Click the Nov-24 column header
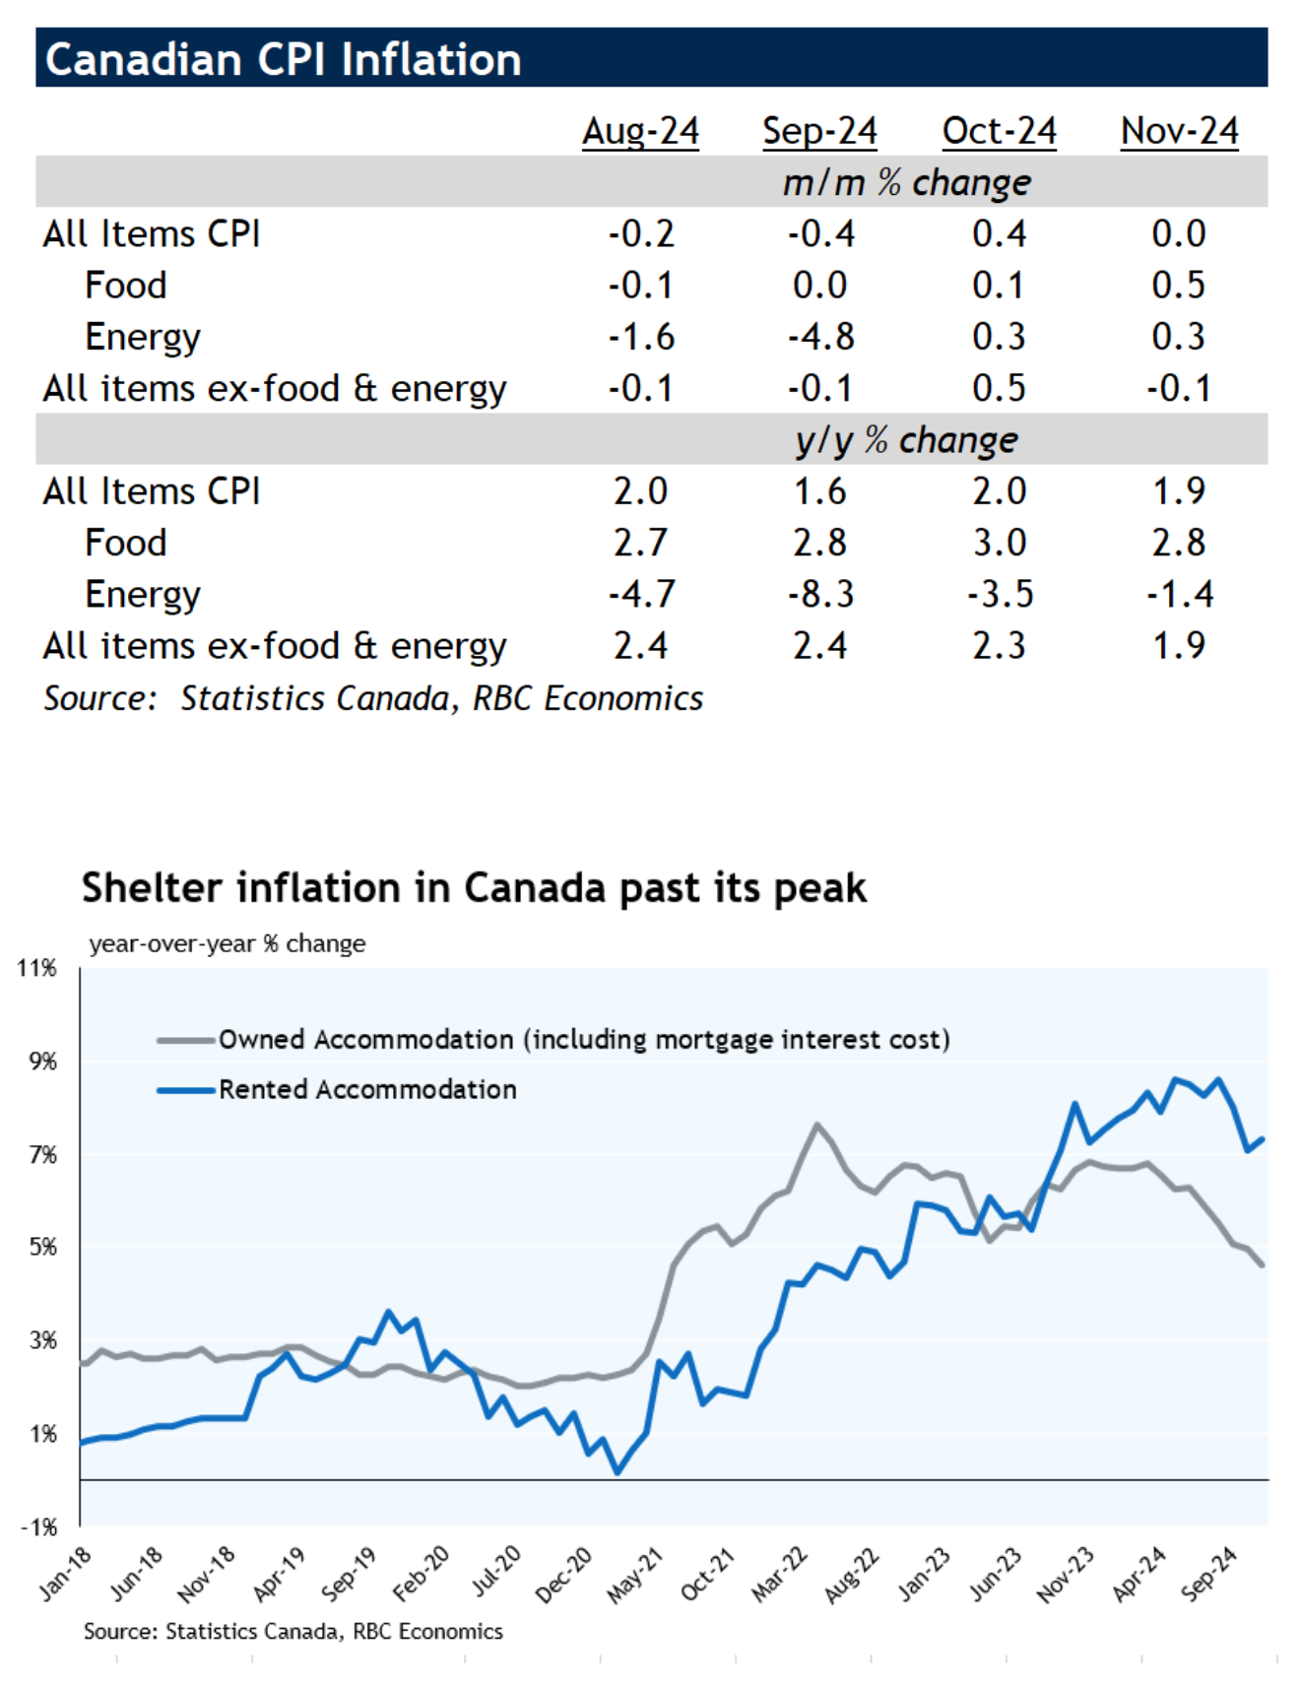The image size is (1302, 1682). pyautogui.click(x=1179, y=131)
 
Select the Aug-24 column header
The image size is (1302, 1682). pyautogui.click(x=640, y=131)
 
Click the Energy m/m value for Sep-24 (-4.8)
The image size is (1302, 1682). pyautogui.click(x=820, y=337)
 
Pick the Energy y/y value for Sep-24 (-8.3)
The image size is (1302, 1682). pyautogui.click(x=820, y=594)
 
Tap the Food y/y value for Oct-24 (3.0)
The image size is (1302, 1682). pyautogui.click(x=999, y=543)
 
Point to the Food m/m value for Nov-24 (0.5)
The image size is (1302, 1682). pyautogui.click(x=1178, y=286)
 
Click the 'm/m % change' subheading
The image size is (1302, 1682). pyautogui.click(x=906, y=182)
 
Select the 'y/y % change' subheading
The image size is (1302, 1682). pyautogui.click(x=906, y=439)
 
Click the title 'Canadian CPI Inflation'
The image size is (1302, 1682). pyautogui.click(x=284, y=59)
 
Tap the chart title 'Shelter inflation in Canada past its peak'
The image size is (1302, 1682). pyautogui.click(x=474, y=887)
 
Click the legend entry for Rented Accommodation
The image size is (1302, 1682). pyautogui.click(x=366, y=1089)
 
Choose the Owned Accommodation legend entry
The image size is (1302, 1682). pyautogui.click(x=583, y=1039)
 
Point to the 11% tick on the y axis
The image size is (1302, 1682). pyautogui.click(x=37, y=968)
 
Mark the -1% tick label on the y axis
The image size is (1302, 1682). pyautogui.click(x=39, y=1527)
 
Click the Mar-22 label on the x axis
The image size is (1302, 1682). pyautogui.click(x=780, y=1574)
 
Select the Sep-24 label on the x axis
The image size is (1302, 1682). pyautogui.click(x=1208, y=1574)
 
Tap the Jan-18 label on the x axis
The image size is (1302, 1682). pyautogui.click(x=66, y=1574)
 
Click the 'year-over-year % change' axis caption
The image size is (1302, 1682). pyautogui.click(x=227, y=943)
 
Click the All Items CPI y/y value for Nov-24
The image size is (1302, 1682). pyautogui.click(x=1178, y=491)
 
